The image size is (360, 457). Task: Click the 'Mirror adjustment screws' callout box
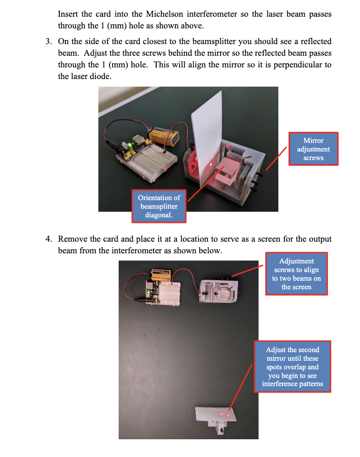pyautogui.click(x=313, y=149)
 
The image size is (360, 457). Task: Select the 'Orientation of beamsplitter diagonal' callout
pyautogui.click(x=159, y=206)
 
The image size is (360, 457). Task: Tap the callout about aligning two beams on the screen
pyautogui.click(x=297, y=274)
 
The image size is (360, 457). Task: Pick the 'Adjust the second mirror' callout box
pyautogui.click(x=293, y=367)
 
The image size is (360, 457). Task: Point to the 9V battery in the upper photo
pyautogui.click(x=162, y=135)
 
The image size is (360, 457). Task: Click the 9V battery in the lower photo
pyautogui.click(x=162, y=276)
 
